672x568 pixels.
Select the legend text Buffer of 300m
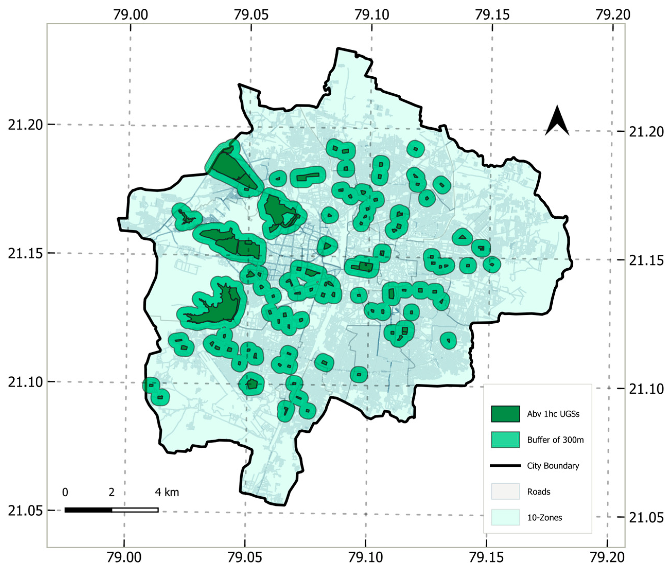point(555,440)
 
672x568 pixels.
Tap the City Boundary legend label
point(553,466)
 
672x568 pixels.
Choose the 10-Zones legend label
point(544,518)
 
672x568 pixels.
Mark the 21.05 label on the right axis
point(646,518)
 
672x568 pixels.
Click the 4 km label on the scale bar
point(167,492)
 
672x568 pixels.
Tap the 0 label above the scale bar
point(65,492)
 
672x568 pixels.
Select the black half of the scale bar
point(88,510)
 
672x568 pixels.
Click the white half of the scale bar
point(135,510)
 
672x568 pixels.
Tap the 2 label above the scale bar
point(111,492)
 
